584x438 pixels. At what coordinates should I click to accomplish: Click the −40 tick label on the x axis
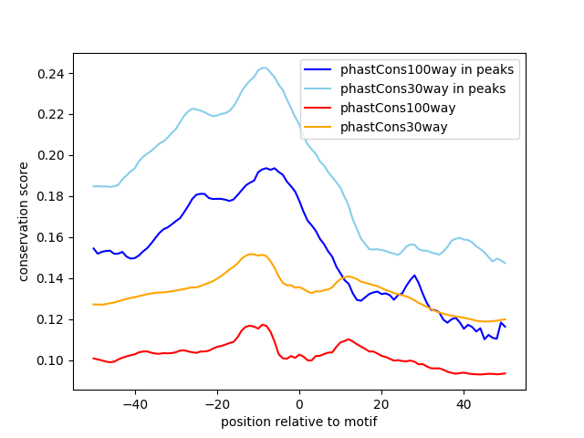[x=134, y=403]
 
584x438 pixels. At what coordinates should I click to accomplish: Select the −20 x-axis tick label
[x=216, y=403]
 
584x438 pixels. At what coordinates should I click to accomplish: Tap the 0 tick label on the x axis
[x=299, y=403]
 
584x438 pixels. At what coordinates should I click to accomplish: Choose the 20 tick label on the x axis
[x=381, y=403]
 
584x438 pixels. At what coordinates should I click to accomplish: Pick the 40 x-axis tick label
[x=464, y=403]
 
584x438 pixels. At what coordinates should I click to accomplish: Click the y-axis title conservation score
[x=25, y=222]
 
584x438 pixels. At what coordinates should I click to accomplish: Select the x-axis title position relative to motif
[x=298, y=422]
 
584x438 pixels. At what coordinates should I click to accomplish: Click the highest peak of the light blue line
[x=264, y=68]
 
